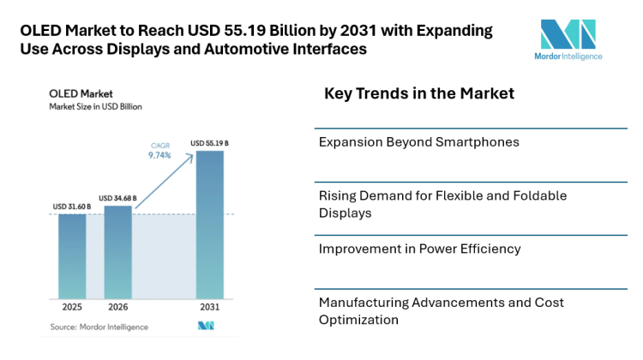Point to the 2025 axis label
[x=72, y=308]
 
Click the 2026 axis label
[x=118, y=308]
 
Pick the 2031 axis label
[x=210, y=308]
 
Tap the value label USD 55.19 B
[x=209, y=143]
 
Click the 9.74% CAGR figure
[x=160, y=156]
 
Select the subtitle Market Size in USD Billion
[x=94, y=107]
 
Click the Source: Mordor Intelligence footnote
[x=99, y=327]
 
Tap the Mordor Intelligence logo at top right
[x=568, y=39]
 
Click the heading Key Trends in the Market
[x=419, y=93]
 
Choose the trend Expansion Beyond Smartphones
[x=418, y=141]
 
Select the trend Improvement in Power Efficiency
[x=418, y=249]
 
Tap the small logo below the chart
[x=205, y=326]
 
